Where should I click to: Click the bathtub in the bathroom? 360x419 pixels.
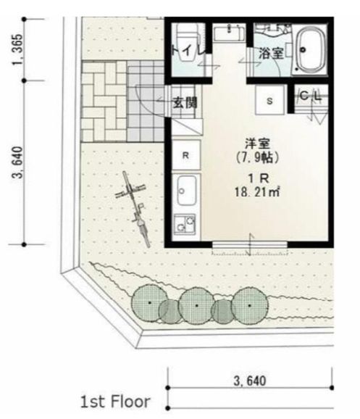[x=311, y=51]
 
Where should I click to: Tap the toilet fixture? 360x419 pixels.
[x=188, y=42]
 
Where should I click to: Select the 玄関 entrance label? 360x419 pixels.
[x=185, y=103]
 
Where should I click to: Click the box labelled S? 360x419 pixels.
[x=269, y=100]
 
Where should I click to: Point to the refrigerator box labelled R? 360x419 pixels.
[x=186, y=154]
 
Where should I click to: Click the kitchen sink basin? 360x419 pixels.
[x=187, y=191]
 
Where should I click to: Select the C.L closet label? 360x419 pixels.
[x=311, y=96]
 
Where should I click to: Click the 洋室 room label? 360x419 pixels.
[x=257, y=144]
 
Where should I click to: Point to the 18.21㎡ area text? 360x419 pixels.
[x=257, y=192]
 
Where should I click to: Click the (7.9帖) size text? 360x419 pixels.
[x=257, y=157]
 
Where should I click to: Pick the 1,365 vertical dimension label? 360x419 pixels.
[x=17, y=50]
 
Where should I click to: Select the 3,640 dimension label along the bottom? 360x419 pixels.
[x=250, y=381]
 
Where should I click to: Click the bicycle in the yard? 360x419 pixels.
[x=133, y=209]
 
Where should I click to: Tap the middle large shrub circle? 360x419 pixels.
[x=196, y=306]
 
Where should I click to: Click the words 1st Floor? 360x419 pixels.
[x=115, y=402]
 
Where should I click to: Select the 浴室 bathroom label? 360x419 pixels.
[x=271, y=54]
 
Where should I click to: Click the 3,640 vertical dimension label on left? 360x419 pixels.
[x=17, y=162]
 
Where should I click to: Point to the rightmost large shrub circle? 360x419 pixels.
[x=250, y=306]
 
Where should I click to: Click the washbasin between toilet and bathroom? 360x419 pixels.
[x=229, y=33]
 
